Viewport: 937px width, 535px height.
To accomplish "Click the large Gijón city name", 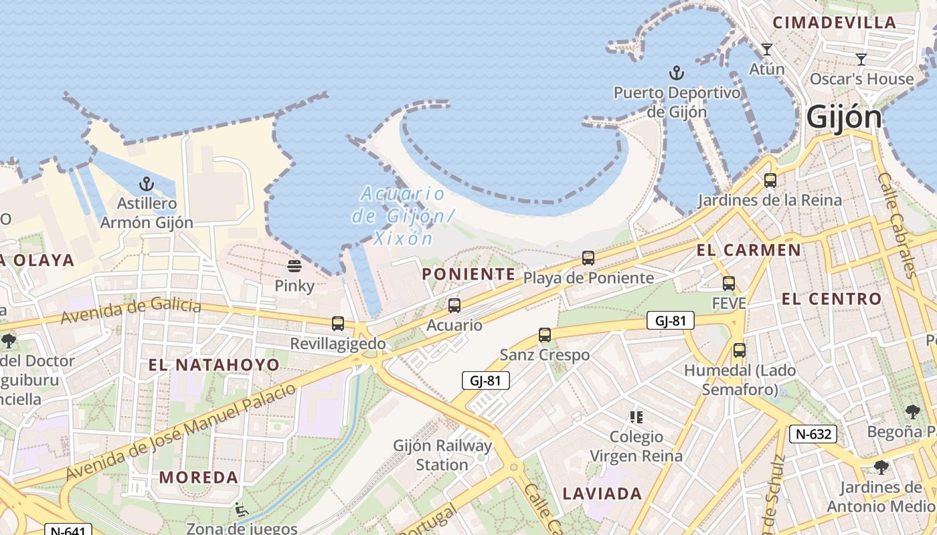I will point(844,117).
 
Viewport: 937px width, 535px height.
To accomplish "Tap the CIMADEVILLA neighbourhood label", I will point(834,22).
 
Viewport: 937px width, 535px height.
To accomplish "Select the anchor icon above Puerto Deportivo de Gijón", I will point(677,72).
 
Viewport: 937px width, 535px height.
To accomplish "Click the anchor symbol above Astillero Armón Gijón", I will point(146,183).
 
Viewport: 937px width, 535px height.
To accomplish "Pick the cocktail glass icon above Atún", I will point(767,49).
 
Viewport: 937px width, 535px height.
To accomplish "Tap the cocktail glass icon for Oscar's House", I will point(861,59).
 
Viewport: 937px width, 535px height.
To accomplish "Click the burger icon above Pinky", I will point(294,266).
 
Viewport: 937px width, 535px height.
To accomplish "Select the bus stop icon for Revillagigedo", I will point(338,324).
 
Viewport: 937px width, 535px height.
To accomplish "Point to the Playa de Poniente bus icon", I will point(588,257).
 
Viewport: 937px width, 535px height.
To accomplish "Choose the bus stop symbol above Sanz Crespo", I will point(545,335).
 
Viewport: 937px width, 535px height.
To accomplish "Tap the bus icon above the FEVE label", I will point(729,284).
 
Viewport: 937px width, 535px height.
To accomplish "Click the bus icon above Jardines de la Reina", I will point(770,181).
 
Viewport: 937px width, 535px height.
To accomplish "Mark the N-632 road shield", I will point(813,434).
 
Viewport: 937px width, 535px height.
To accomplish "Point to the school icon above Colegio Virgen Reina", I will point(636,417).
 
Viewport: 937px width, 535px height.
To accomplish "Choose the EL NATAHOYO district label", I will point(214,364).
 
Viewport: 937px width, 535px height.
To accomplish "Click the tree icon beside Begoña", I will point(912,411).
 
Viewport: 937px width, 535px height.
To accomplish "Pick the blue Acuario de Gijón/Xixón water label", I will point(402,215).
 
